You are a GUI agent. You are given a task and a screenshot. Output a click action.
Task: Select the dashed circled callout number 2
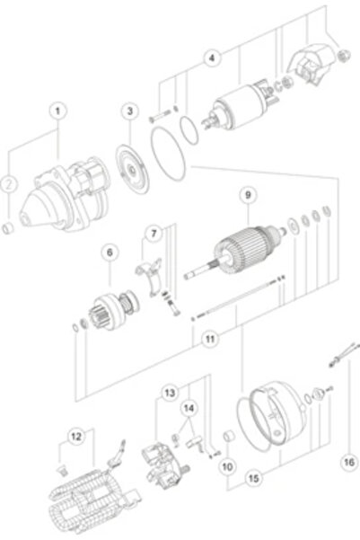[9, 184]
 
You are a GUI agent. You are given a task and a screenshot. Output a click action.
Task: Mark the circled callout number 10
[227, 466]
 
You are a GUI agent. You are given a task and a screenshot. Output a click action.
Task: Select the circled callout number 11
[208, 340]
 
